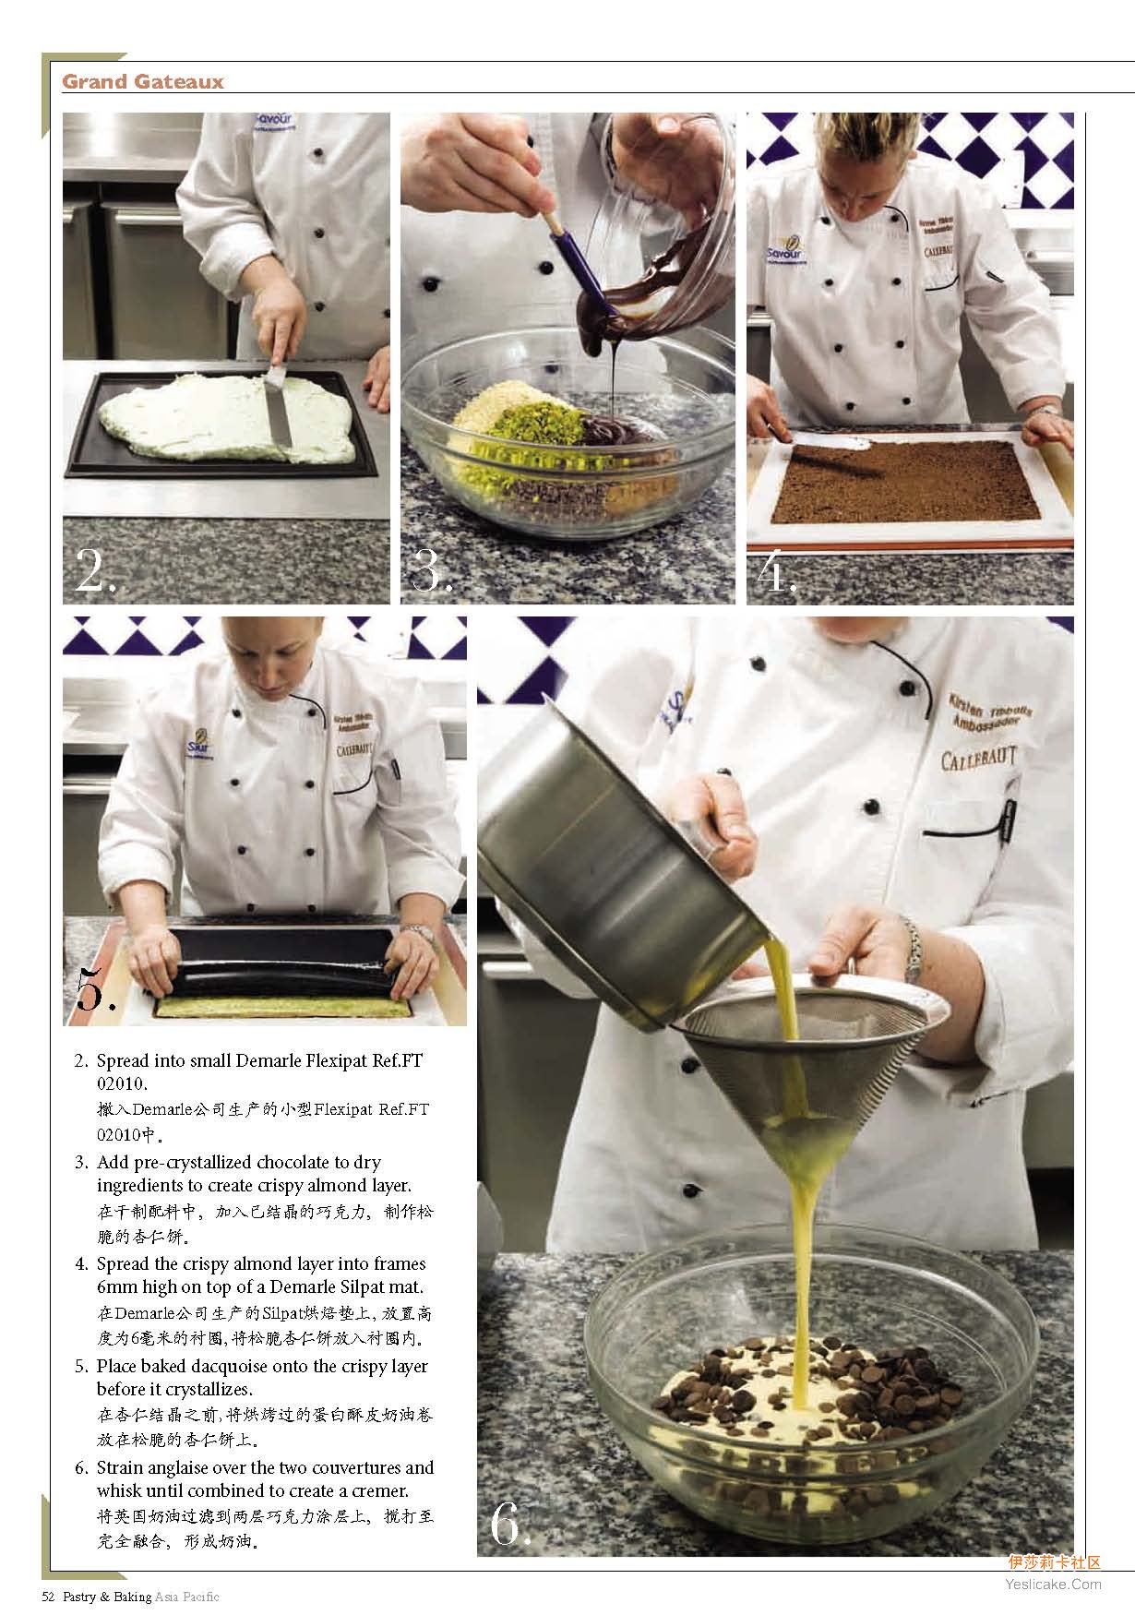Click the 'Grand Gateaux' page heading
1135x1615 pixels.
[x=143, y=82]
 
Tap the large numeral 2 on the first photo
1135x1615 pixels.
[x=96, y=572]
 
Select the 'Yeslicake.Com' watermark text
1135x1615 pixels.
[x=1051, y=1584]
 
